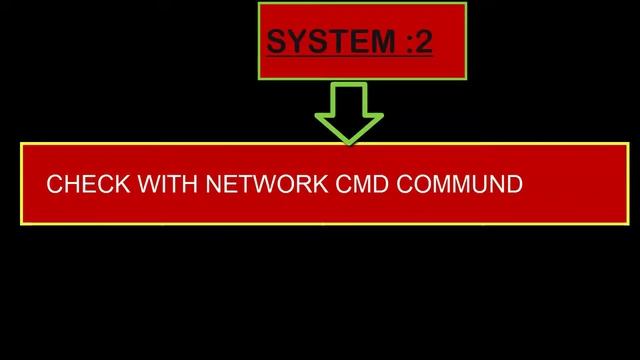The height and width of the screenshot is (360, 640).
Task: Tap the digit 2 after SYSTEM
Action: [x=423, y=43]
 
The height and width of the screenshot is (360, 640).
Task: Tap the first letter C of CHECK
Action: [x=55, y=185]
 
